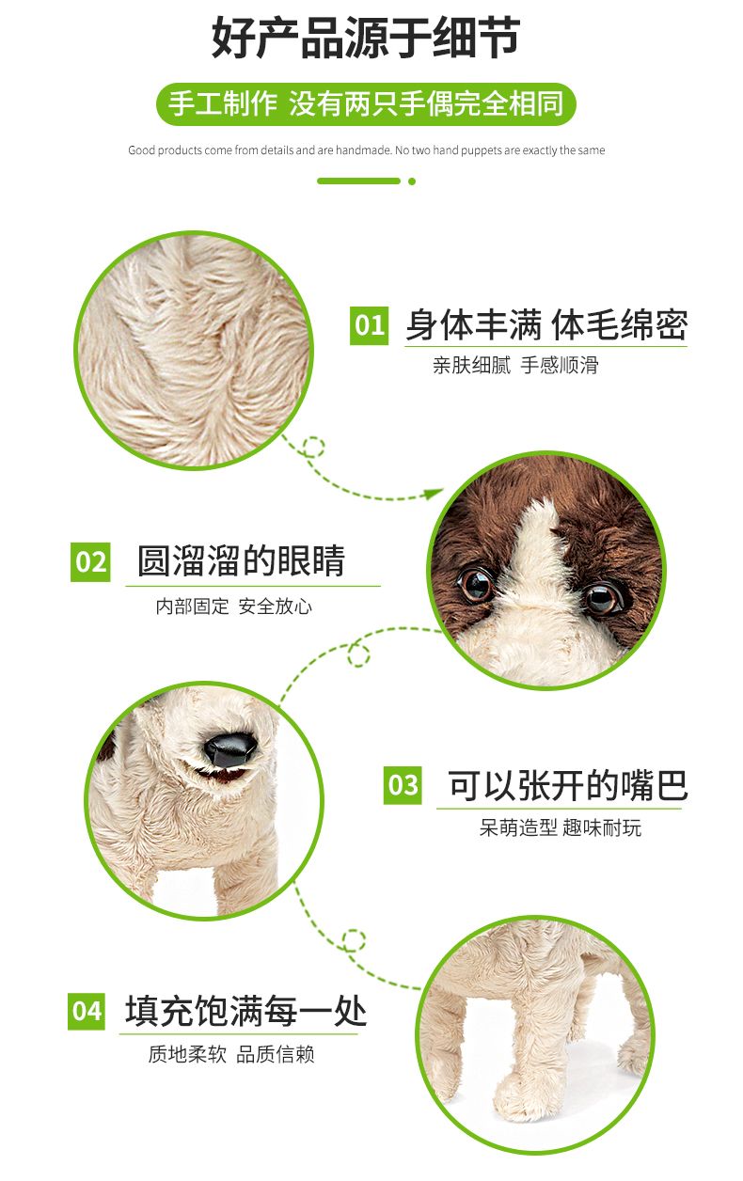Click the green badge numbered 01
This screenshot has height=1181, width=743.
tap(369, 325)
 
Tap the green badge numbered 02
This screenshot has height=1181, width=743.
tap(90, 562)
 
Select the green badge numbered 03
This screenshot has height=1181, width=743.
tap(403, 785)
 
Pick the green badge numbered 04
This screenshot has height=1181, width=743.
tap(87, 1012)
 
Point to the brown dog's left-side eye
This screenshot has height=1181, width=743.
tap(477, 584)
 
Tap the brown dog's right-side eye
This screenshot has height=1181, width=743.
tap(603, 598)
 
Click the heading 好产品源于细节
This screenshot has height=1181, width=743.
tap(366, 38)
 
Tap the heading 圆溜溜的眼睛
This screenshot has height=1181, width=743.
tap(241, 560)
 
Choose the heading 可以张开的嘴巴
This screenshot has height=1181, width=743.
tap(568, 785)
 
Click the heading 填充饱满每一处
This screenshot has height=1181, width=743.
tap(245, 1011)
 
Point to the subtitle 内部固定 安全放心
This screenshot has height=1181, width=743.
tap(233, 606)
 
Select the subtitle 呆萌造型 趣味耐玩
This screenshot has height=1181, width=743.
tap(560, 827)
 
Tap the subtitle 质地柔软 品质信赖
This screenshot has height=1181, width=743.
tap(231, 1054)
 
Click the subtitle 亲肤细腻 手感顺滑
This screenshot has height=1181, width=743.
tap(515, 365)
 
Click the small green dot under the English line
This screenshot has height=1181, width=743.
tap(412, 181)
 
